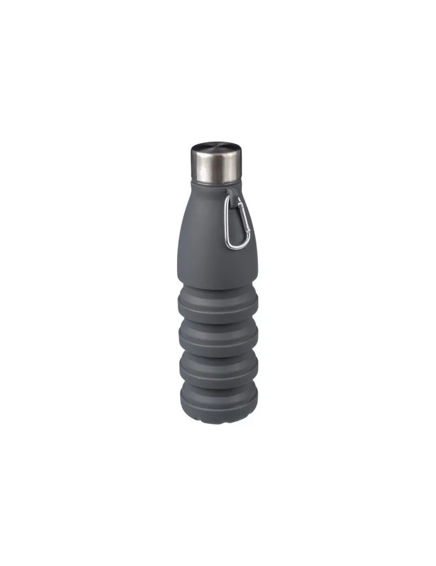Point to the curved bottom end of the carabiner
pos(235,246)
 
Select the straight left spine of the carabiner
pos(228,226)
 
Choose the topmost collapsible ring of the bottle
pos(218,300)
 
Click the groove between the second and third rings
pos(218,352)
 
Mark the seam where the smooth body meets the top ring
pos(218,285)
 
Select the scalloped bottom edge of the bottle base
pos(218,412)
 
